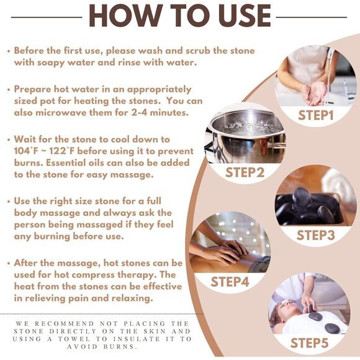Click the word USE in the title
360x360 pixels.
pos(245,16)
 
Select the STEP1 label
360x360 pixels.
pos(315,115)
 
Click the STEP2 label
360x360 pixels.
pos(245,173)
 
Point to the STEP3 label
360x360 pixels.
pos(315,235)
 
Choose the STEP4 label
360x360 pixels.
pos(230,282)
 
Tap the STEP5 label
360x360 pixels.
pos(309,343)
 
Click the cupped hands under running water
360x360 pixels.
pos(315,92)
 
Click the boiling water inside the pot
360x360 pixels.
pos(248,126)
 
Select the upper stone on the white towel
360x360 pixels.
pos(315,317)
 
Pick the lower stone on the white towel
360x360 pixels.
pos(332,328)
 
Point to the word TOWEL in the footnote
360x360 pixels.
pos(74,339)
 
